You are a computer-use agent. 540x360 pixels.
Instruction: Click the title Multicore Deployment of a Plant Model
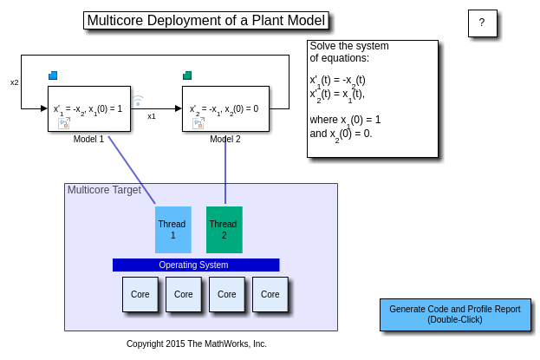(x=206, y=21)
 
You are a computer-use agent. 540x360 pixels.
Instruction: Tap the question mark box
(x=482, y=23)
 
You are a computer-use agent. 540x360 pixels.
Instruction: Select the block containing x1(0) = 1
(x=89, y=108)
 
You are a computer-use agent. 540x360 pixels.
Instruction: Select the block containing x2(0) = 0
(x=224, y=108)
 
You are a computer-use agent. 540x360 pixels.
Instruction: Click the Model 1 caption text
(x=88, y=139)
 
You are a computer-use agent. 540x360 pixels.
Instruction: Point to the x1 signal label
(x=152, y=116)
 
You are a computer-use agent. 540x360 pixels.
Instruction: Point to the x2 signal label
(x=15, y=82)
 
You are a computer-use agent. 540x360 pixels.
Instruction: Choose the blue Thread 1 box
(x=172, y=230)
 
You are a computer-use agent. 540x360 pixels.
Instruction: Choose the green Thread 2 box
(x=224, y=230)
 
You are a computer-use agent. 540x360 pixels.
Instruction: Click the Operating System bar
(x=195, y=265)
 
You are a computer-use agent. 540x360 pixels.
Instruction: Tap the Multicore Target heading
(x=104, y=190)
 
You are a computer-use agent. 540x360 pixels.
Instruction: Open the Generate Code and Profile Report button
(x=454, y=315)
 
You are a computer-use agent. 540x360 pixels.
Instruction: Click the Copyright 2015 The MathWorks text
(x=197, y=344)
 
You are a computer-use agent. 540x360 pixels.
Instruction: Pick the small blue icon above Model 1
(x=53, y=75)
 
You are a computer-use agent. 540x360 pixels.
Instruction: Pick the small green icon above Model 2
(x=187, y=75)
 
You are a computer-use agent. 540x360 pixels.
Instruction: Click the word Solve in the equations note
(x=323, y=46)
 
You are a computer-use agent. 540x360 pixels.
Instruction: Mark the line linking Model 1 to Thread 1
(x=132, y=170)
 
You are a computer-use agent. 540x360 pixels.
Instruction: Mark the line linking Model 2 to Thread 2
(x=225, y=170)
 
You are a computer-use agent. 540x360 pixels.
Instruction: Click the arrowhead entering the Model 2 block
(x=178, y=108)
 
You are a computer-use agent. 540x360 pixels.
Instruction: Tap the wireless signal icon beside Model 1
(x=138, y=101)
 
